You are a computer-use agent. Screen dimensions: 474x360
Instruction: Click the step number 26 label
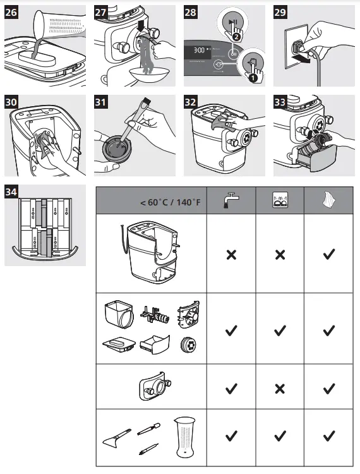coord(12,11)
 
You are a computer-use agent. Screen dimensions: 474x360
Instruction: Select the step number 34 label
coord(12,191)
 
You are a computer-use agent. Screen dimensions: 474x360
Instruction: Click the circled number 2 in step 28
coord(236,37)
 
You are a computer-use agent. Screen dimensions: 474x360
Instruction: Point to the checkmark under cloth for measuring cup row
coord(328,435)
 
